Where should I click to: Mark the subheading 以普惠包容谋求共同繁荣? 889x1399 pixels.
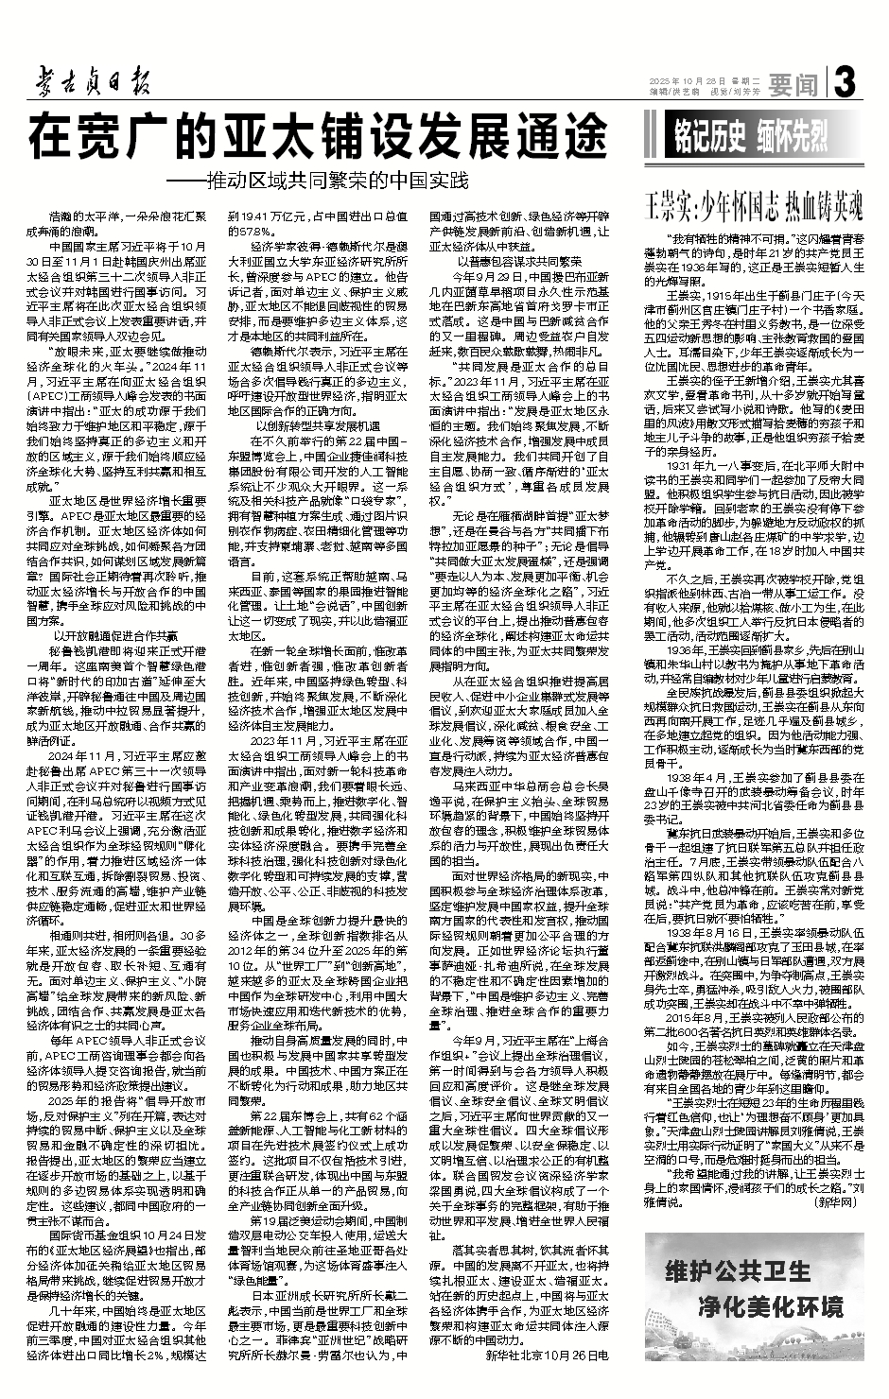[511, 262]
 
